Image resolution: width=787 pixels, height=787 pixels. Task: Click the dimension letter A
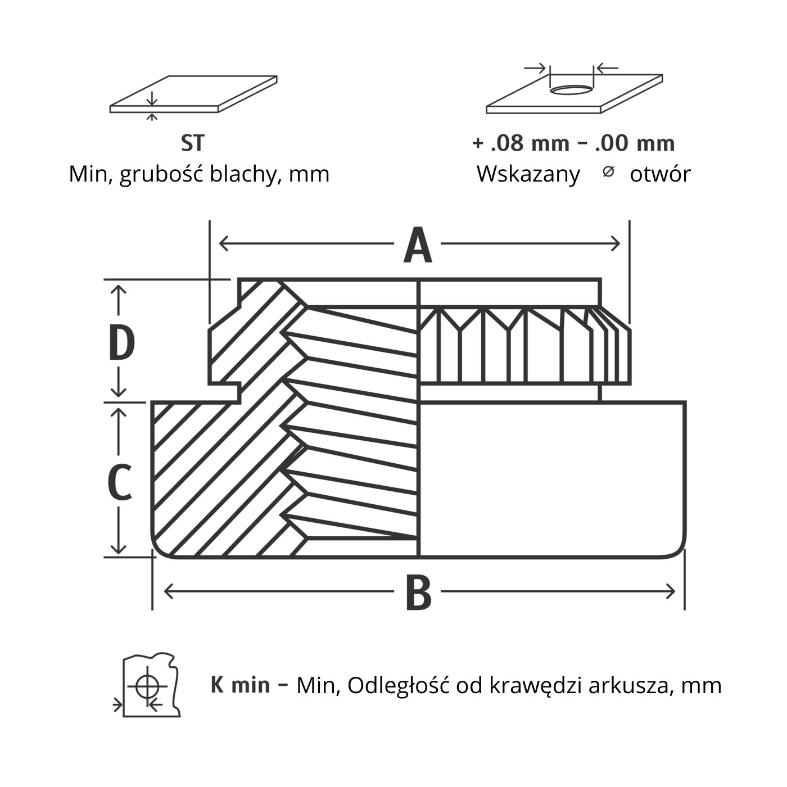click(418, 245)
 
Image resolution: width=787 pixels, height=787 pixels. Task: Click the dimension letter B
click(418, 592)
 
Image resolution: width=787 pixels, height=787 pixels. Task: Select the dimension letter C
click(120, 482)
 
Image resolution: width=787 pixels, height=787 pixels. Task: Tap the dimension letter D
click(121, 343)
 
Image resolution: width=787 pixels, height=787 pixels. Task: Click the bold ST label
click(192, 143)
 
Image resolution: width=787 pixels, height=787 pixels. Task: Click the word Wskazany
click(528, 174)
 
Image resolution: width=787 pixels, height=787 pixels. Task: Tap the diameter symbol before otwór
click(608, 172)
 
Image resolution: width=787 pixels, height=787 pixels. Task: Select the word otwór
click(659, 174)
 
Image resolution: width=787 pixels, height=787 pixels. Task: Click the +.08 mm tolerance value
click(521, 143)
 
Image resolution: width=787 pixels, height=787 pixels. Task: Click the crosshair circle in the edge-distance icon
click(147, 686)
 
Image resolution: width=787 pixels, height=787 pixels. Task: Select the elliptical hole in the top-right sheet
click(571, 89)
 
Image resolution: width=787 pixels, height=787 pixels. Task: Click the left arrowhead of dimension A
click(223, 244)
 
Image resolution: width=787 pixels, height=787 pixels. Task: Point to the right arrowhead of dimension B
click(671, 591)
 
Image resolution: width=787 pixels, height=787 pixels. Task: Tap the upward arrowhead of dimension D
click(119, 290)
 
